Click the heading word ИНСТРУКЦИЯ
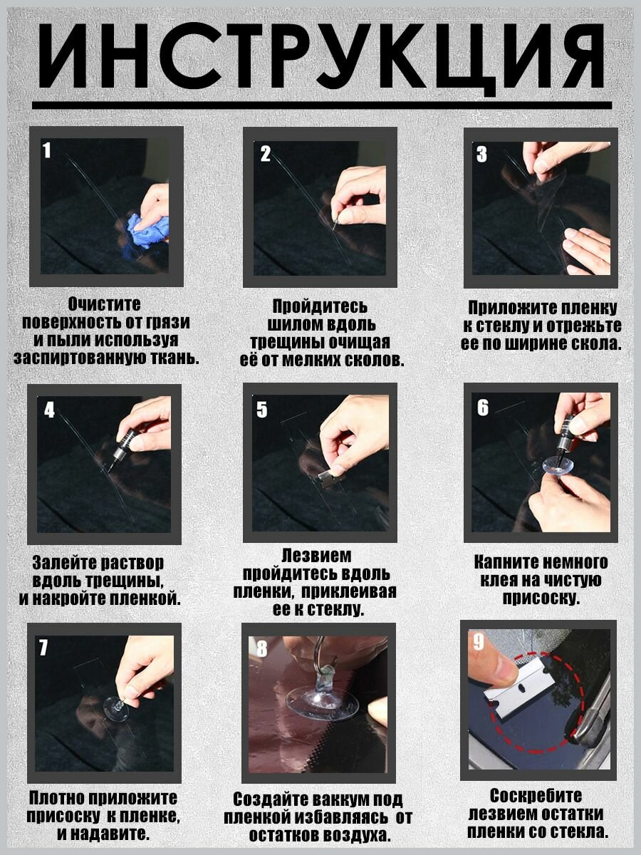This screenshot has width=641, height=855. coord(320,56)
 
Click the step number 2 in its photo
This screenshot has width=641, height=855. coord(266,153)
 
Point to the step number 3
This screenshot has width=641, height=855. coord(482,154)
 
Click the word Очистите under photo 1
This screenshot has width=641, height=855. coord(104,304)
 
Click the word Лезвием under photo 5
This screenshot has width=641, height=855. coord(317,556)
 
